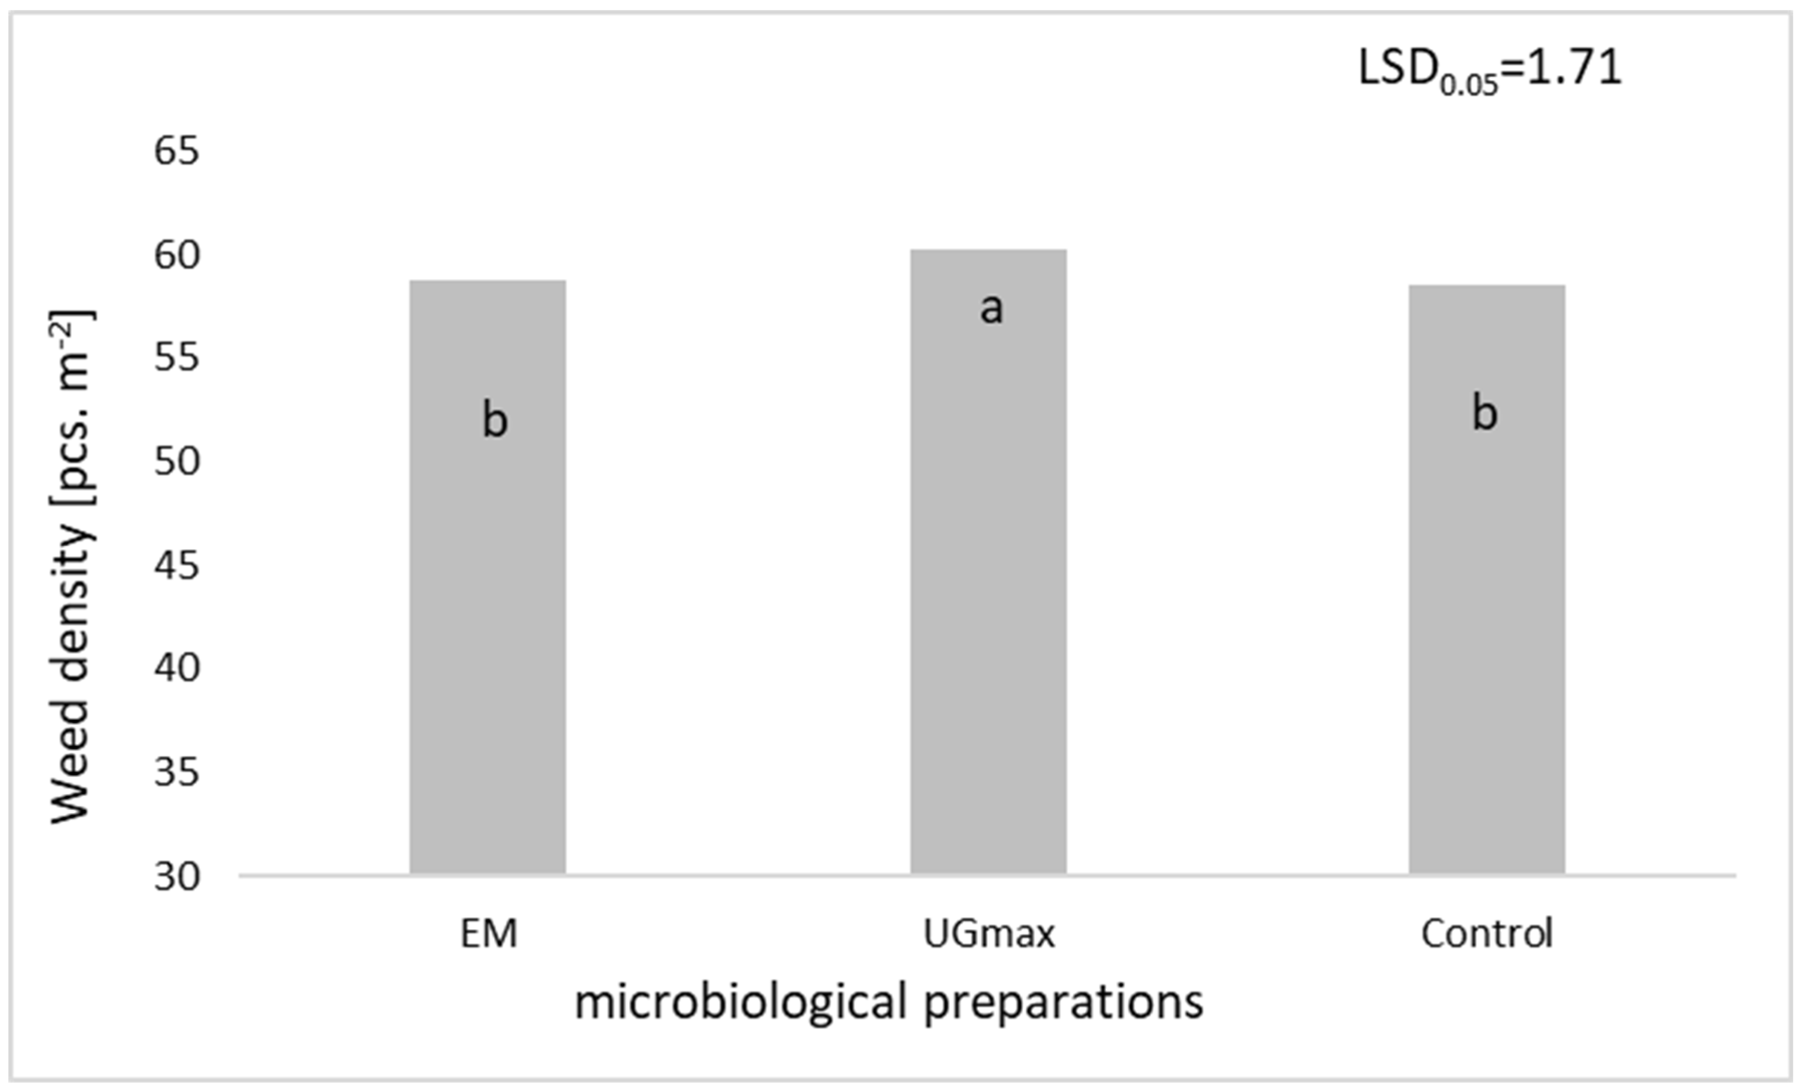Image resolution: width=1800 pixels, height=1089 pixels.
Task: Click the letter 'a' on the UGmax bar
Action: tap(990, 308)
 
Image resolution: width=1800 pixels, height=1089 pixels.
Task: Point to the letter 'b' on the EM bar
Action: tap(495, 420)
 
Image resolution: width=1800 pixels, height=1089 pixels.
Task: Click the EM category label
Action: tap(489, 933)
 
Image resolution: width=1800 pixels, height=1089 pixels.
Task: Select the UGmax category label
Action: tap(989, 933)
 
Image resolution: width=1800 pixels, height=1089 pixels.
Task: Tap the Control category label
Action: tap(1487, 933)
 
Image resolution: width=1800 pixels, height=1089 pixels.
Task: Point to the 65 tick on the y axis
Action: tap(176, 152)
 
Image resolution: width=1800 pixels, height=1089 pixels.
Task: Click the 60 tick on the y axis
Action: tap(176, 256)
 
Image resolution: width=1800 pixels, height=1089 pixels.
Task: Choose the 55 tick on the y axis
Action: tap(176, 358)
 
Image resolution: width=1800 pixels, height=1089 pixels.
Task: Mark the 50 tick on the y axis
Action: tap(176, 462)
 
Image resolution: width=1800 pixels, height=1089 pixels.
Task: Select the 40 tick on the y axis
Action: tap(176, 668)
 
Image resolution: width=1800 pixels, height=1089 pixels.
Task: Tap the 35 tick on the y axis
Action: tap(176, 772)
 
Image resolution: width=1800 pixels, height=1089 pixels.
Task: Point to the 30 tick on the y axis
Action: tap(176, 876)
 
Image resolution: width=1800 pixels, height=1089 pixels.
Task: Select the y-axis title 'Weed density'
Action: tap(72, 566)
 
